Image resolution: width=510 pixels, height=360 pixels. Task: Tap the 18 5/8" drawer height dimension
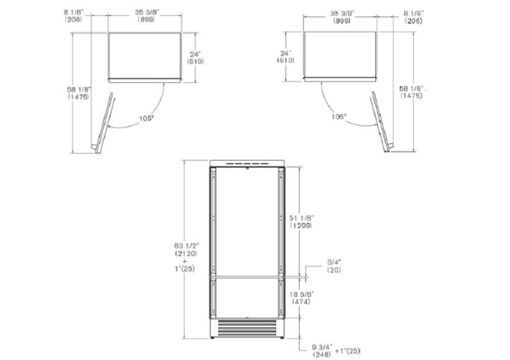(302, 298)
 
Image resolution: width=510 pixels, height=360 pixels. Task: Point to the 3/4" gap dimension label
(334, 266)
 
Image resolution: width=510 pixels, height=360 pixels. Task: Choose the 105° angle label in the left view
(147, 119)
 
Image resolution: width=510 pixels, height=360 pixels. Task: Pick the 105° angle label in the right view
(339, 117)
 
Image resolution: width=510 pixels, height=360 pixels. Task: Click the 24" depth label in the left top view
(196, 57)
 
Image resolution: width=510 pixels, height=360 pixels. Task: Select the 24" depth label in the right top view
(286, 57)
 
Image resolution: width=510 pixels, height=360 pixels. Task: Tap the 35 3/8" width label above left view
(147, 15)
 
